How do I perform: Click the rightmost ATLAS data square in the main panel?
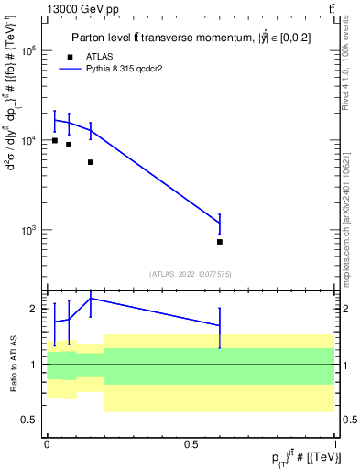(x=220, y=242)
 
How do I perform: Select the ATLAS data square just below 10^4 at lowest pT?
(x=55, y=140)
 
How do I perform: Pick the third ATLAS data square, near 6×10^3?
(x=91, y=162)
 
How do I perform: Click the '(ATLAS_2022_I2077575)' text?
(x=191, y=273)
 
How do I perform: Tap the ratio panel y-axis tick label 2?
(x=34, y=310)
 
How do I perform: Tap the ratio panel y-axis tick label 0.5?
(x=29, y=420)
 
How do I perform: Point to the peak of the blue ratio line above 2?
(x=91, y=298)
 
